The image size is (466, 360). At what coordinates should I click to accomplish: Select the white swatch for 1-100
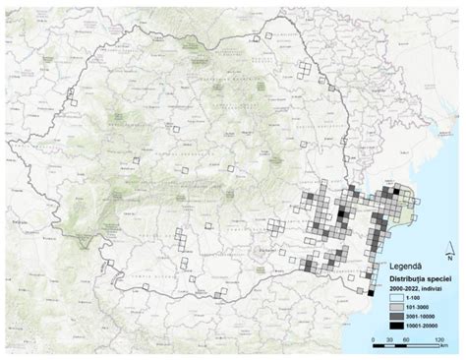(372, 298)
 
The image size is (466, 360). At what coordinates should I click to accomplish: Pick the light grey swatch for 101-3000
(372, 307)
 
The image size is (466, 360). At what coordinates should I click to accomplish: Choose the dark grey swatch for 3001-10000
(372, 316)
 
